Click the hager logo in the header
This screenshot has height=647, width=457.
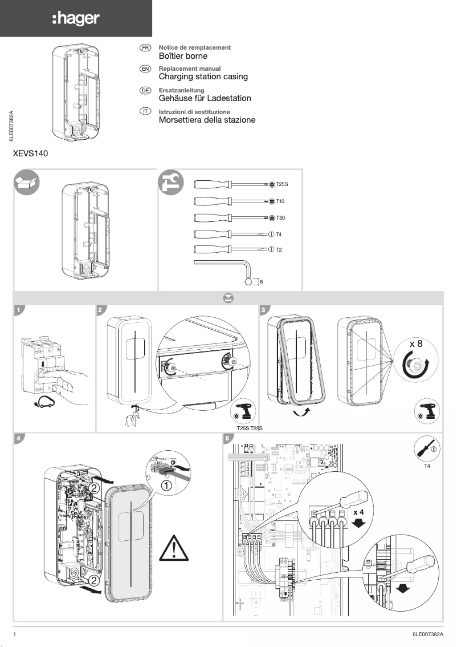coord(76,19)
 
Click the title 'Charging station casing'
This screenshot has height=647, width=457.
coord(203,76)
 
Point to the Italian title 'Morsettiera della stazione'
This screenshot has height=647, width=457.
coord(207,120)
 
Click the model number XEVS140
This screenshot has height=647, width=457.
coord(30,153)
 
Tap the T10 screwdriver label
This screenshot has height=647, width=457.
coord(280,201)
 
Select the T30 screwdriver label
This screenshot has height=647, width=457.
coord(280,218)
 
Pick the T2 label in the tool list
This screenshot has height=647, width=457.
coord(279,250)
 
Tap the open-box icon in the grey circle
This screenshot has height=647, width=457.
coord(27,183)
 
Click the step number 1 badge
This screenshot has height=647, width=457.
coord(19,310)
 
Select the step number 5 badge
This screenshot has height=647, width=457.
coord(228,438)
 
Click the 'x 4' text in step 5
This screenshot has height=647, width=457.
coord(358,512)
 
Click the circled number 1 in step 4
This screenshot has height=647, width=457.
coord(166,486)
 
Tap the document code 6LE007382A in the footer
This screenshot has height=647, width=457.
coord(427,634)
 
